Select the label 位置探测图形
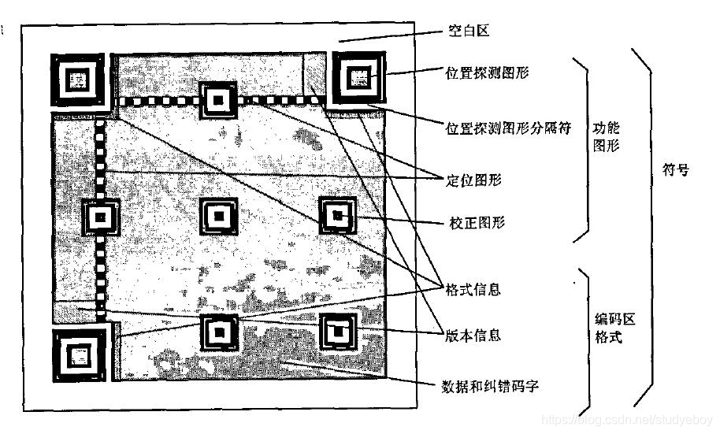[487, 72]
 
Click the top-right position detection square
[359, 78]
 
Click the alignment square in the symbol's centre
[218, 215]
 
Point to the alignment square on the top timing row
[218, 99]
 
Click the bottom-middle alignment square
[219, 332]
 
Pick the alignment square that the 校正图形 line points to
[338, 215]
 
